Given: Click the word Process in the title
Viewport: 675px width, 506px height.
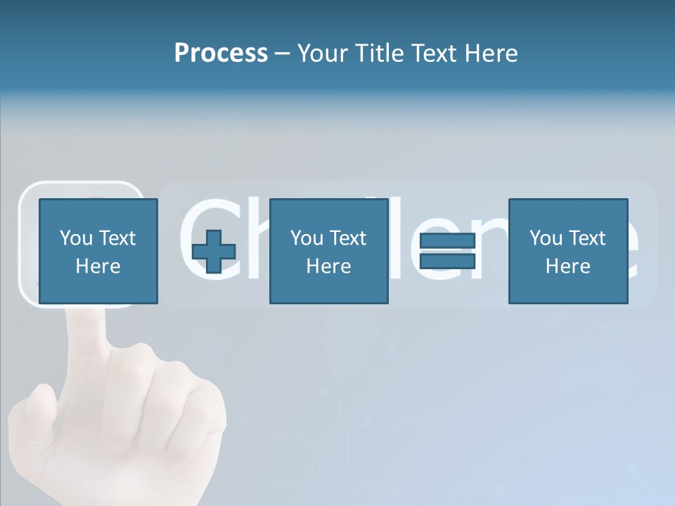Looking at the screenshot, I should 221,53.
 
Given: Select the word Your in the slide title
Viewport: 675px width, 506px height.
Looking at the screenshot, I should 323,53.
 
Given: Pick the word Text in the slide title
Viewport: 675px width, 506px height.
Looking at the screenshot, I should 432,53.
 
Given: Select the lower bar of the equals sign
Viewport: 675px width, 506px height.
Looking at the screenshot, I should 447,261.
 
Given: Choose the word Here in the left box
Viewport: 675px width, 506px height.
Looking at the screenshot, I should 98,266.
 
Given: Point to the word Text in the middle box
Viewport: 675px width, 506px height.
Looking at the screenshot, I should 348,238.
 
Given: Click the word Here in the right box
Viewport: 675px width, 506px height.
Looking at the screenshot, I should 567,266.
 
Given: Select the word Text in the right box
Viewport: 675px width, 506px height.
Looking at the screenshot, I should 587,238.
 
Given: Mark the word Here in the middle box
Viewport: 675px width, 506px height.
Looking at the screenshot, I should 328,266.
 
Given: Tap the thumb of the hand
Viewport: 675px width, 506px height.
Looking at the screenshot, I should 39,415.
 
